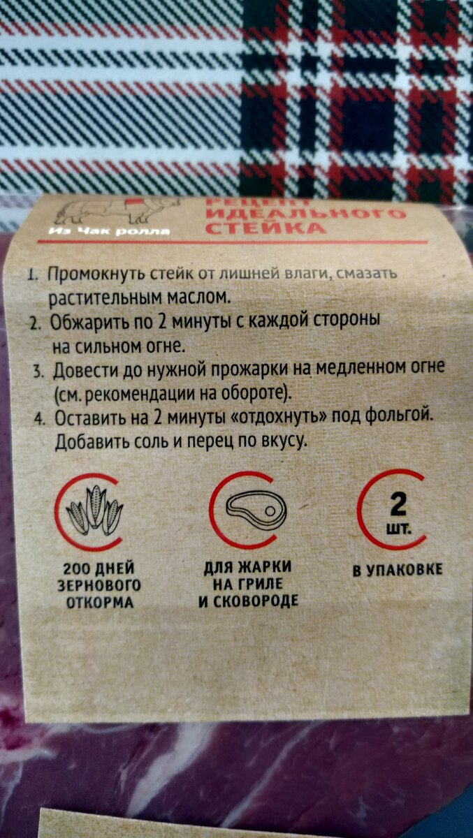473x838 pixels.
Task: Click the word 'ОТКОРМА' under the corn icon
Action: click(x=100, y=601)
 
